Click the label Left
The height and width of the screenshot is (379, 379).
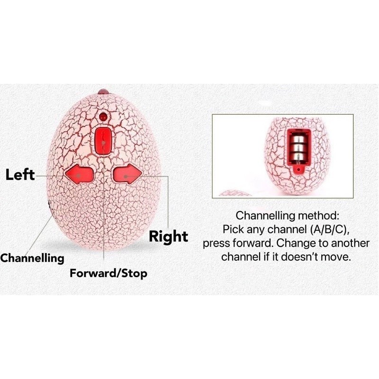click(20, 174)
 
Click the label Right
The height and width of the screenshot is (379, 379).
click(169, 236)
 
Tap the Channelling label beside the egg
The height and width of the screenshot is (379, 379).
click(32, 258)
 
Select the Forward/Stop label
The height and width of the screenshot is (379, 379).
click(108, 273)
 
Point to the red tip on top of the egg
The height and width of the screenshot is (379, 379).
click(103, 91)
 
